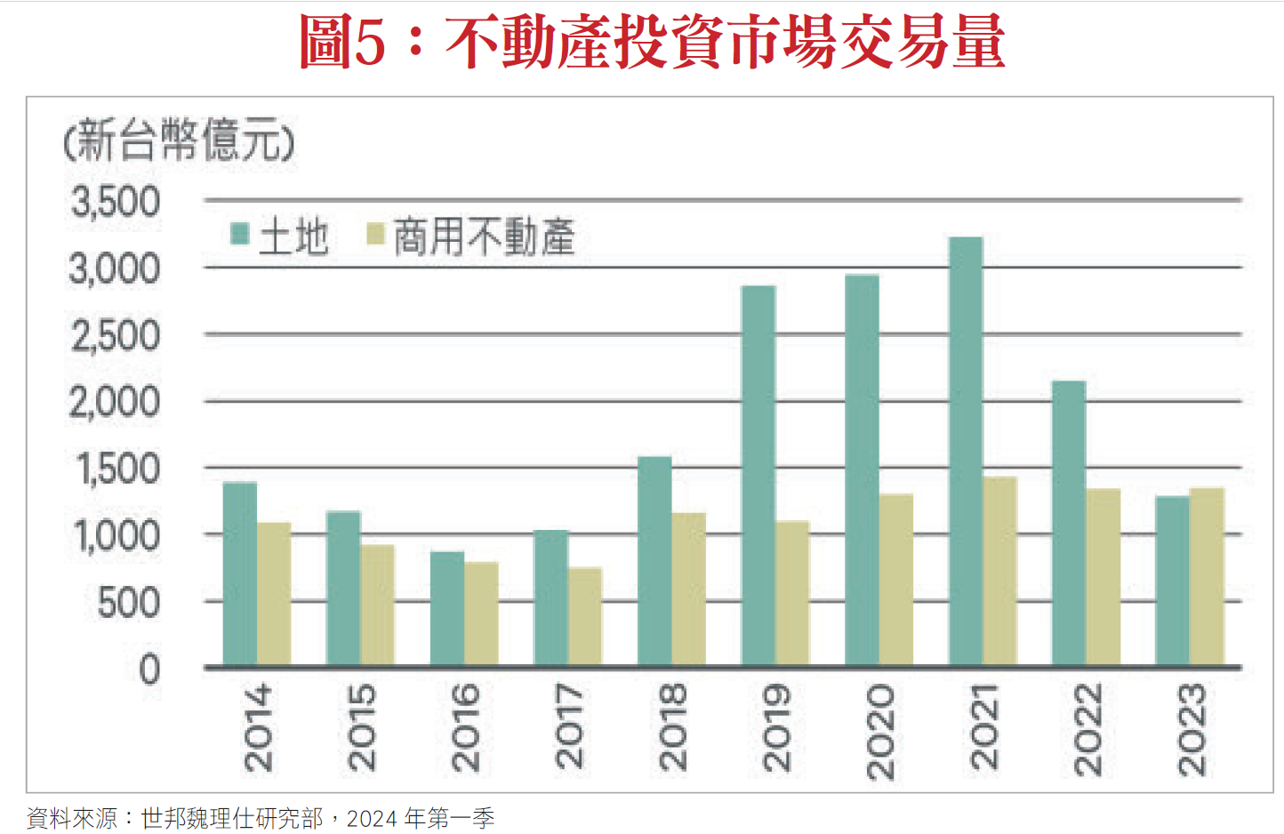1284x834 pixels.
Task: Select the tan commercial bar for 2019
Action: tap(792, 593)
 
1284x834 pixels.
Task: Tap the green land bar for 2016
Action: tap(447, 608)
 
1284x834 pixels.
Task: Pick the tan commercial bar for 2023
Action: tap(1207, 577)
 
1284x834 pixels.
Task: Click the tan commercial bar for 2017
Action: tap(585, 616)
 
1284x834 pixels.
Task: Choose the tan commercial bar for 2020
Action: tap(896, 580)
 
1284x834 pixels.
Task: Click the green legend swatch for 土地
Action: tap(239, 234)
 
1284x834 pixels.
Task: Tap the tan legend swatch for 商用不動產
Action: tap(375, 234)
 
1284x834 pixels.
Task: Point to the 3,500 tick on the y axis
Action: tap(116, 202)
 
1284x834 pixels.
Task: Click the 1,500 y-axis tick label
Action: tap(118, 469)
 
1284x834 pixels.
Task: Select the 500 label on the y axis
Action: tap(129, 603)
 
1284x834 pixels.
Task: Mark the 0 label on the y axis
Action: tap(149, 669)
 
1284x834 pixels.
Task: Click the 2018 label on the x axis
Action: tap(673, 726)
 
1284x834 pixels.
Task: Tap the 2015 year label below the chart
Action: tap(362, 726)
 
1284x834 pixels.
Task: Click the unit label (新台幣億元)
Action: tap(179, 140)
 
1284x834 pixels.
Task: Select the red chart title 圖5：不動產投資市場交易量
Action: tap(652, 42)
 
